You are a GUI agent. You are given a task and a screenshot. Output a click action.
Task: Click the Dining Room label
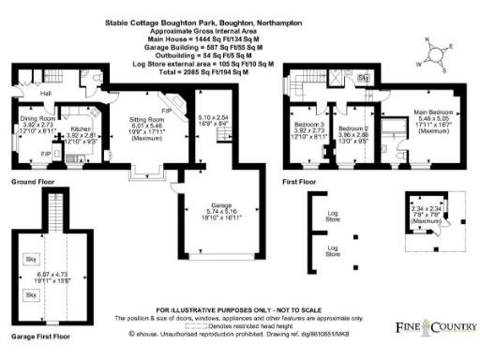[37, 120]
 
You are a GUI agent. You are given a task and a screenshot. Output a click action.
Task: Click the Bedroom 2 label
[353, 127]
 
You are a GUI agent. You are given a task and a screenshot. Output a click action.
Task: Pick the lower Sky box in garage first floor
[31, 293]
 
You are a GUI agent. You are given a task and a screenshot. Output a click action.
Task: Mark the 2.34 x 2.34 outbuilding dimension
[427, 211]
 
